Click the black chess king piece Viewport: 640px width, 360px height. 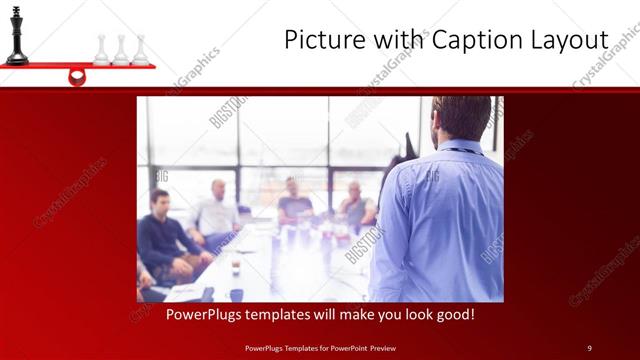click(16, 36)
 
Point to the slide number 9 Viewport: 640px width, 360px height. click(590, 348)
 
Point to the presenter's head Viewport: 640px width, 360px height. click(461, 118)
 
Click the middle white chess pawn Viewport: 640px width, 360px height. click(120, 51)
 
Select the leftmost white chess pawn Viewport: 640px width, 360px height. click(101, 51)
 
